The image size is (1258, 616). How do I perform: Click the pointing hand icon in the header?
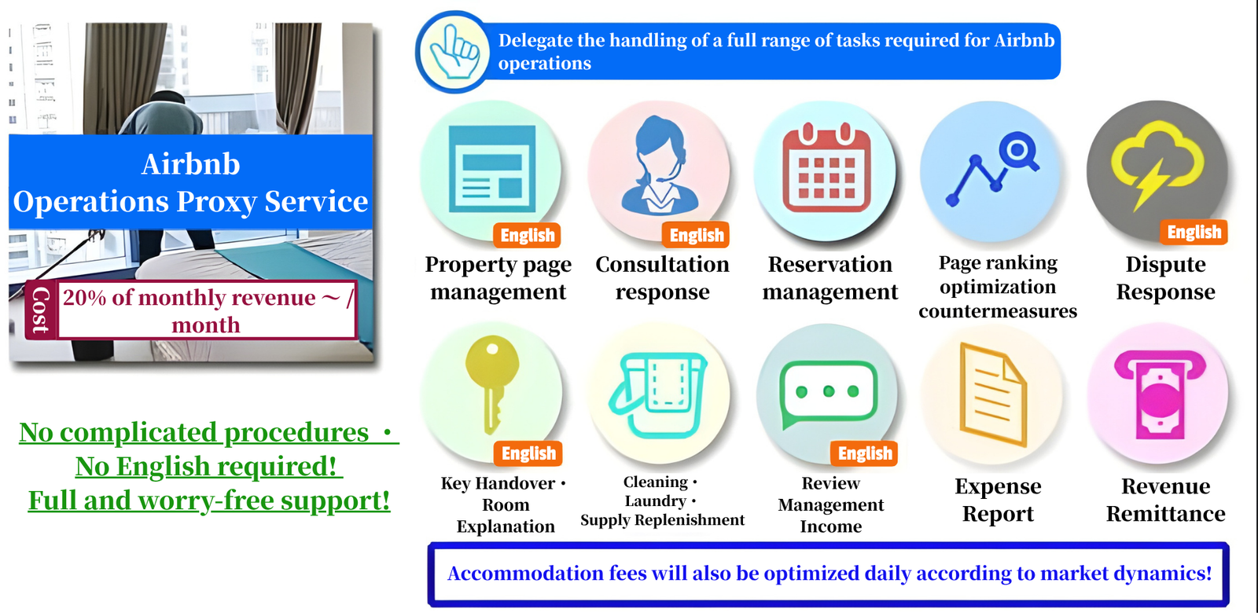coord(455,52)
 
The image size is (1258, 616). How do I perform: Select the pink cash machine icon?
coord(1160,394)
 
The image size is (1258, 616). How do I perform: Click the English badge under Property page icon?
coord(527,235)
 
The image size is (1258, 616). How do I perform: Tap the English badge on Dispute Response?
coord(1194,232)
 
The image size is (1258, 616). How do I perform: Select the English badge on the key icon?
coord(528,453)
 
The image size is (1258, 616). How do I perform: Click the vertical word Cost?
coord(40,310)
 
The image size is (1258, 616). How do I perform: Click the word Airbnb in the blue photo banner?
coord(191,164)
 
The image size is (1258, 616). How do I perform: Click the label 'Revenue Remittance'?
coord(1166,500)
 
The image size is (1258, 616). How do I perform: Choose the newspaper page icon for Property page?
coord(492,169)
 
